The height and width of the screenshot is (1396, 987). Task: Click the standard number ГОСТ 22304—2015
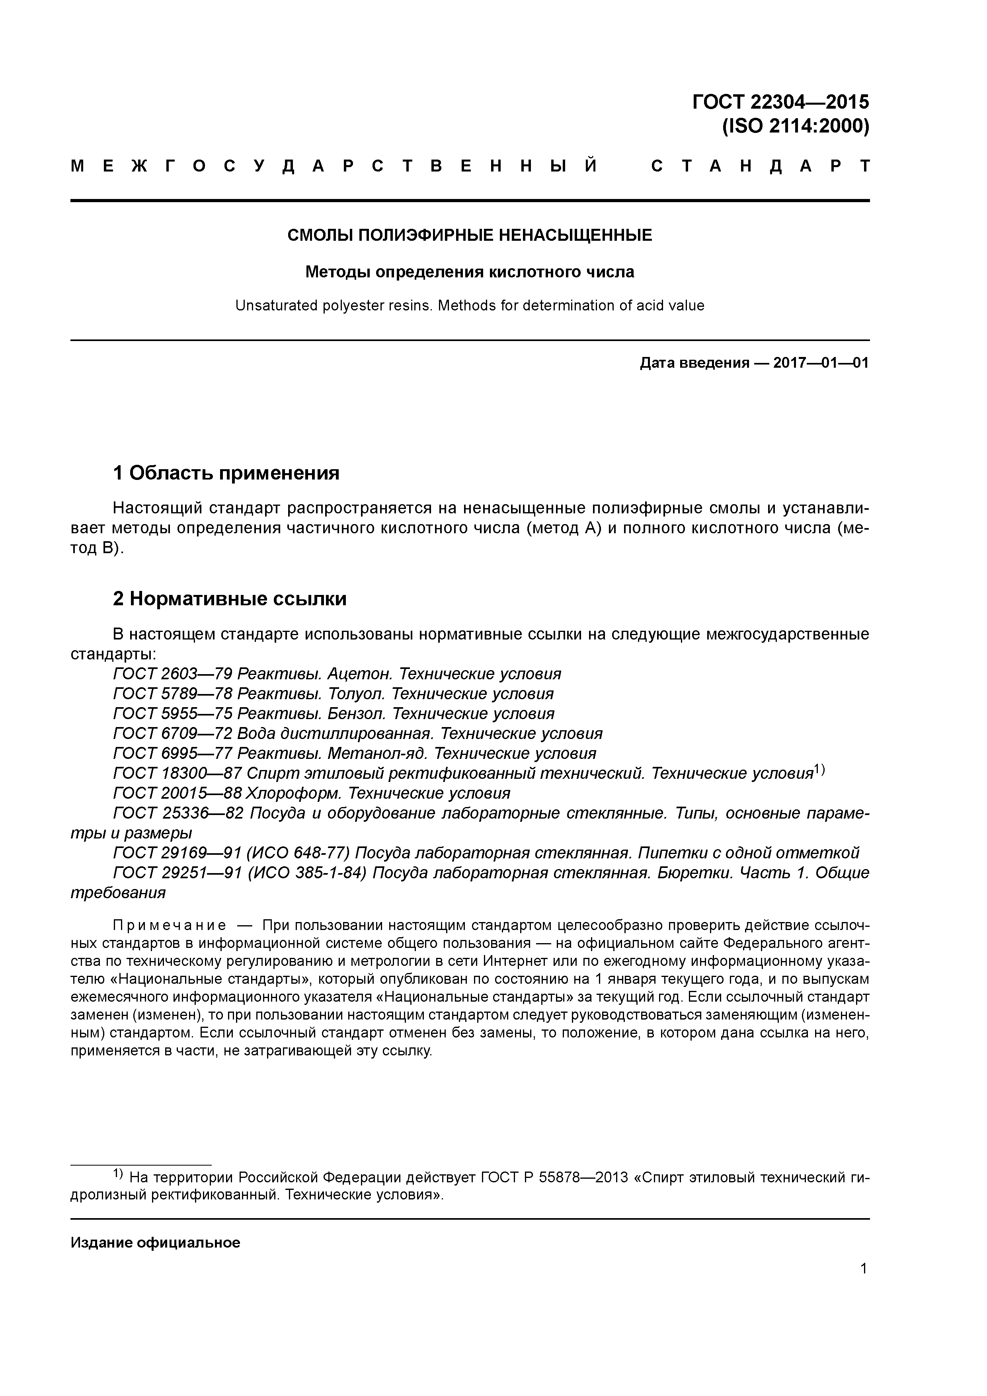coord(780,101)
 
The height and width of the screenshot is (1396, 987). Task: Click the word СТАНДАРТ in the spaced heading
coord(760,166)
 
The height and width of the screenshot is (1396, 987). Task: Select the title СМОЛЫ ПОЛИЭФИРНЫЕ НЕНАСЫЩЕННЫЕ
coord(470,235)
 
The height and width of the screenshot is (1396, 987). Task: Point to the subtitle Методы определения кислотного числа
coord(470,272)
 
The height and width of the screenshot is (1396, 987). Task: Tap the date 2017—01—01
coord(821,364)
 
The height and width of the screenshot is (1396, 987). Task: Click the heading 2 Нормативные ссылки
coord(230,599)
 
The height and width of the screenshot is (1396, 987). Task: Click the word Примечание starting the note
coord(170,925)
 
